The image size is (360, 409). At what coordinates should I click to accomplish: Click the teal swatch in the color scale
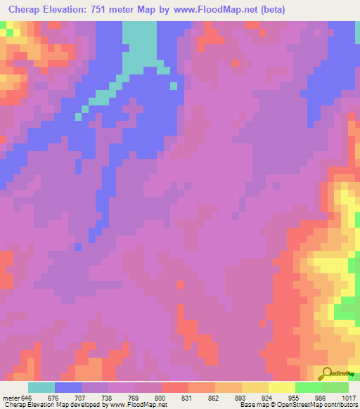[41, 387]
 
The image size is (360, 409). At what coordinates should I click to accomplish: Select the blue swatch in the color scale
[68, 387]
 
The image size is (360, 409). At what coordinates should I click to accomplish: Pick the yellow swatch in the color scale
[282, 387]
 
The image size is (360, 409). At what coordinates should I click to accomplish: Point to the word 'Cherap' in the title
[27, 9]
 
